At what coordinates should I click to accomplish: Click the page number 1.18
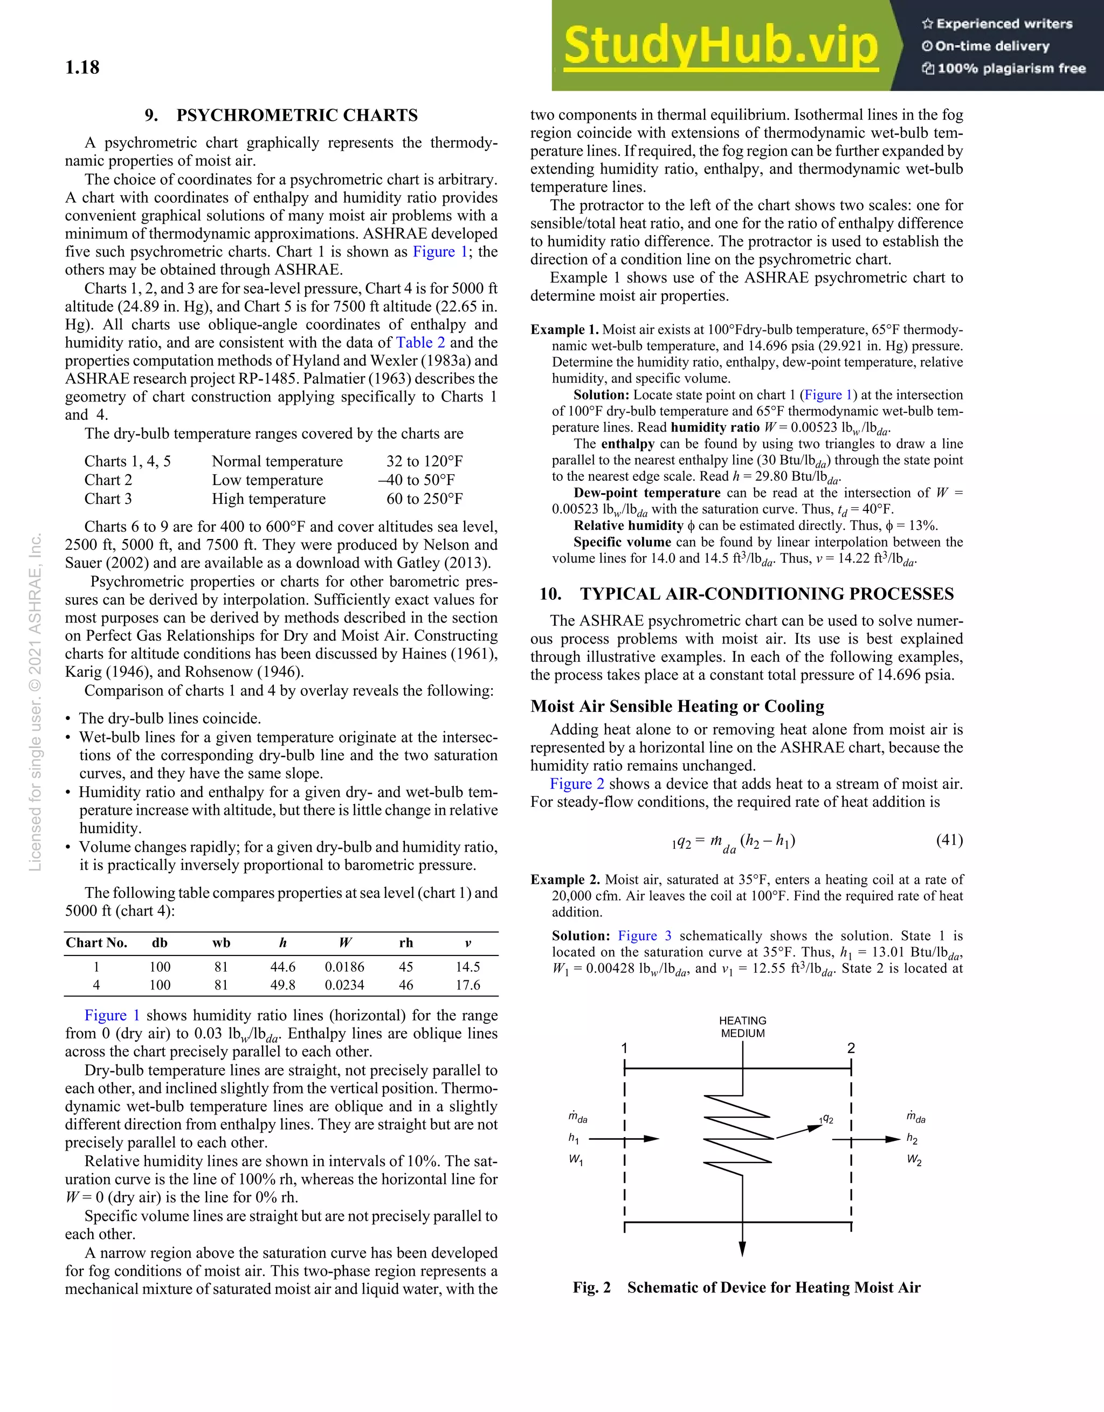[x=82, y=68]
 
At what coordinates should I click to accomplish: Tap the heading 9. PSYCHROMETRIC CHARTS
[x=281, y=115]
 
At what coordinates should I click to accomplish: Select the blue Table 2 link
[x=420, y=343]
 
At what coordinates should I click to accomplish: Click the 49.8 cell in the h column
[x=282, y=985]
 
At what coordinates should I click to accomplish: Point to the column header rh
[x=405, y=943]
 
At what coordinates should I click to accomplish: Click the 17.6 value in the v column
[x=467, y=985]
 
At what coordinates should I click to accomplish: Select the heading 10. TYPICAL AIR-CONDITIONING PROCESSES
[x=747, y=593]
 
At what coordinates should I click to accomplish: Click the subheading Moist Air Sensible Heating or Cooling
[x=677, y=706]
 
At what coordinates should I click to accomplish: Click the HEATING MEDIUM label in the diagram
[x=742, y=1027]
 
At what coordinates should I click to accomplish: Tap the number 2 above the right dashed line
[x=851, y=1048]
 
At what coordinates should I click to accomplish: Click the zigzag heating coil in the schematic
[x=738, y=1136]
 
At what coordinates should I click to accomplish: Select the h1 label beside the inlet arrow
[x=574, y=1138]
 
